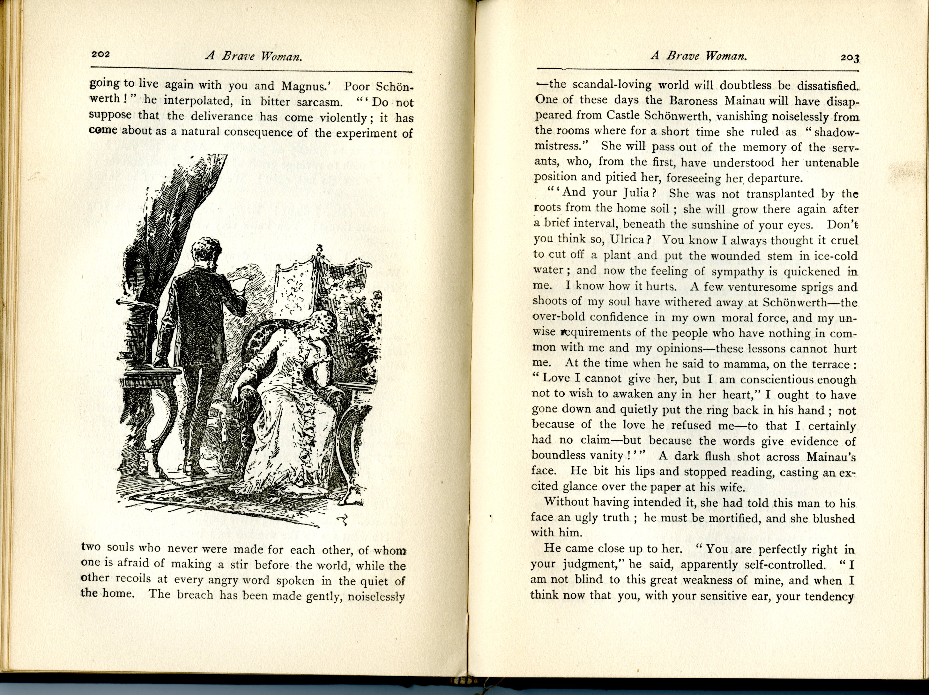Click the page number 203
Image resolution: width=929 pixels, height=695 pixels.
click(x=850, y=58)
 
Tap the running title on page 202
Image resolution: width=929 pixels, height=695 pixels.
click(x=254, y=56)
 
